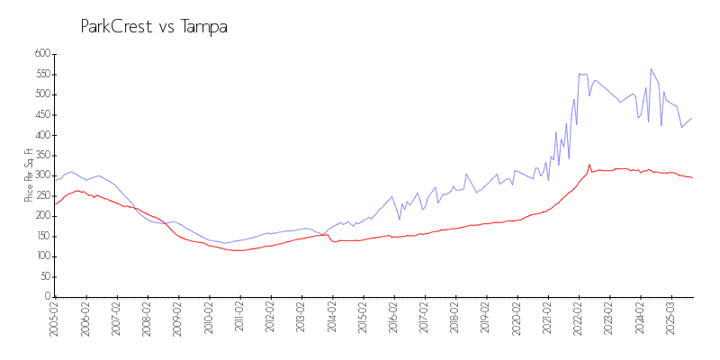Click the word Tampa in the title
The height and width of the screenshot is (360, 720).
point(204,27)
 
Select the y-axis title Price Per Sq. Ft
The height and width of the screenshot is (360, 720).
point(29,175)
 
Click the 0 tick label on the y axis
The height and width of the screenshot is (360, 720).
point(47,297)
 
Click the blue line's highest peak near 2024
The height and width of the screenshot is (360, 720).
point(651,68)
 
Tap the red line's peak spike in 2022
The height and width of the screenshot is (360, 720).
point(589,165)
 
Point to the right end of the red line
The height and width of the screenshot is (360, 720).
point(691,177)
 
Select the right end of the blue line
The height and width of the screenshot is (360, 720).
point(691,118)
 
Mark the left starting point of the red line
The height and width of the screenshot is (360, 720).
point(55,204)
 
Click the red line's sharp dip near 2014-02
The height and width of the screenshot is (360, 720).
point(334,241)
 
